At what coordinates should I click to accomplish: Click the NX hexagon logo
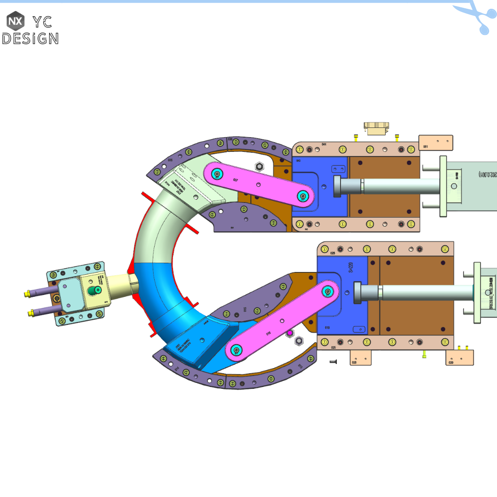point(15,21)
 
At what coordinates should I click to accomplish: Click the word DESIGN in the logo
point(30,38)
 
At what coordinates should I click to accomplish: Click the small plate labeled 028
point(361,358)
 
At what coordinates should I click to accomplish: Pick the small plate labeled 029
point(459,358)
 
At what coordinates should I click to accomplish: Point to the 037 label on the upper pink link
point(236,180)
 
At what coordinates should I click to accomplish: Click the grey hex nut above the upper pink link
point(258,166)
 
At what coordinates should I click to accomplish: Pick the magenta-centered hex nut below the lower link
point(290,333)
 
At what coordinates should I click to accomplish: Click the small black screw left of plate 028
point(334,362)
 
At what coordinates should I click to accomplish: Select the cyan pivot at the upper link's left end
point(217,174)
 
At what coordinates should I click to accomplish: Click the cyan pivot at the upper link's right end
point(302,196)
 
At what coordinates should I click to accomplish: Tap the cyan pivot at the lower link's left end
point(237,350)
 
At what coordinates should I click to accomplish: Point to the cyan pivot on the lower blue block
point(328,291)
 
